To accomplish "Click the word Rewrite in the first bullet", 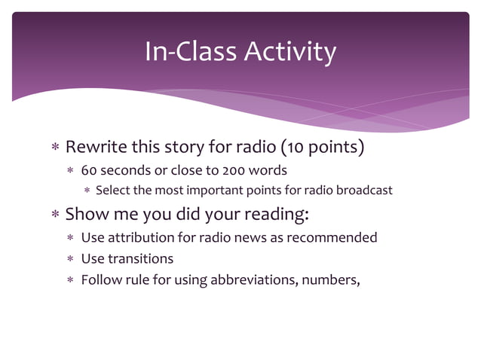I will click(x=96, y=147).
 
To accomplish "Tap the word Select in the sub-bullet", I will click(x=113, y=190).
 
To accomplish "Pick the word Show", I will click(x=85, y=214).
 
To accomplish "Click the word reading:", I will click(x=277, y=214).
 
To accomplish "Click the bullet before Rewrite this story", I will click(x=54, y=148).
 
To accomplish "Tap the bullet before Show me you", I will click(x=54, y=215).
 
